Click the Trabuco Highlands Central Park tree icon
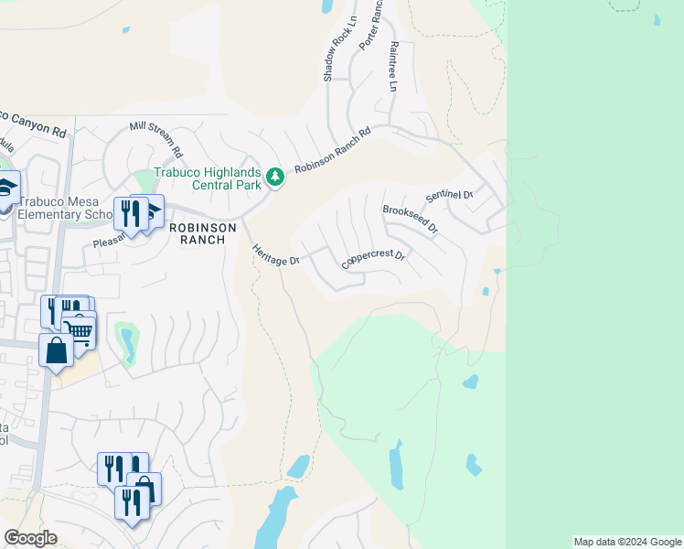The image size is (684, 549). tap(274, 174)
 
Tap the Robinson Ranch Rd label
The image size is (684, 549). tap(332, 156)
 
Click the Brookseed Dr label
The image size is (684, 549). tap(410, 221)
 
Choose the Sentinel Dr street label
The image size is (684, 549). tap(449, 196)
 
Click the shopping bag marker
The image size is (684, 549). tap(56, 350)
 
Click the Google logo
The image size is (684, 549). tap(30, 538)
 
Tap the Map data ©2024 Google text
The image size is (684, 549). tap(627, 542)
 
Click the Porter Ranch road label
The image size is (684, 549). tap(369, 25)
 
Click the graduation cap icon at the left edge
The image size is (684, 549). tap(7, 188)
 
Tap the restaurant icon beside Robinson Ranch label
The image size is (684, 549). tap(129, 215)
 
